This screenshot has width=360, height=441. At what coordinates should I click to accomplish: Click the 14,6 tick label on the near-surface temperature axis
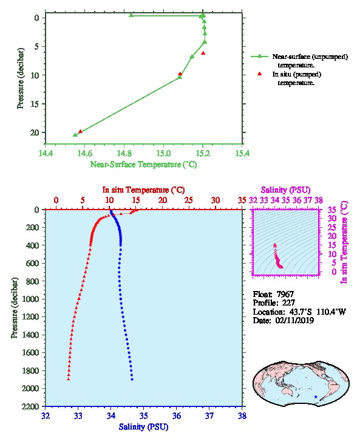[x=84, y=153]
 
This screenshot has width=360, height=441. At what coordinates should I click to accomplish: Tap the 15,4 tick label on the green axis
[x=242, y=153]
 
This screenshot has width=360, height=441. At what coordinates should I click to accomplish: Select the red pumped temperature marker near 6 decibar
[x=203, y=53]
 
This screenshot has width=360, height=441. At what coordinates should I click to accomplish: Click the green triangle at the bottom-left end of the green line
[x=75, y=135]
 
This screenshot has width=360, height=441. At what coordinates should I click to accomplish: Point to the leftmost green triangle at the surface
[x=131, y=15]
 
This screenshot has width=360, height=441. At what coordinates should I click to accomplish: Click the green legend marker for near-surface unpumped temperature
[x=260, y=56]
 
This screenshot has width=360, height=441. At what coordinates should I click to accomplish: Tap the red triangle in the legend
[x=260, y=73]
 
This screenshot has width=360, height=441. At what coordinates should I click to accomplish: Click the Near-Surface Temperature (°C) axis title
[x=144, y=165]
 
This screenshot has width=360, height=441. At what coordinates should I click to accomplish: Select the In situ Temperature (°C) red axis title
[x=143, y=190]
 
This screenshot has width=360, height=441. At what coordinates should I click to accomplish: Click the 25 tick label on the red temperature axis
[x=189, y=200]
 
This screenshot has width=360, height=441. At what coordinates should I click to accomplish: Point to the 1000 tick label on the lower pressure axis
[x=31, y=299]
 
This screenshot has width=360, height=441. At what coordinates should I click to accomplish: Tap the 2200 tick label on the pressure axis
[x=31, y=406]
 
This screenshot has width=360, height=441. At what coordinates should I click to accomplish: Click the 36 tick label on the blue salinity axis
[x=177, y=415]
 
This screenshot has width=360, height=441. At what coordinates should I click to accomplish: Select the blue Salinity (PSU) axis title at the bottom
[x=144, y=427]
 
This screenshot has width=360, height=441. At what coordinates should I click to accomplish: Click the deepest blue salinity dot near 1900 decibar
[x=132, y=380]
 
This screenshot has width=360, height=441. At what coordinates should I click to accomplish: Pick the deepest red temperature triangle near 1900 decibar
[x=68, y=379]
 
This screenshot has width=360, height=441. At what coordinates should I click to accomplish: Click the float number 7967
[x=285, y=294]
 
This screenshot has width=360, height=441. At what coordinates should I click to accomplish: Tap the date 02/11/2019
[x=294, y=320]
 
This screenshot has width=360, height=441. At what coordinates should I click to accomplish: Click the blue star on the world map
[x=316, y=397]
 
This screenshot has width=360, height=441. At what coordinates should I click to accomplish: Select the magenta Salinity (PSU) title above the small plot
[x=285, y=190]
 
